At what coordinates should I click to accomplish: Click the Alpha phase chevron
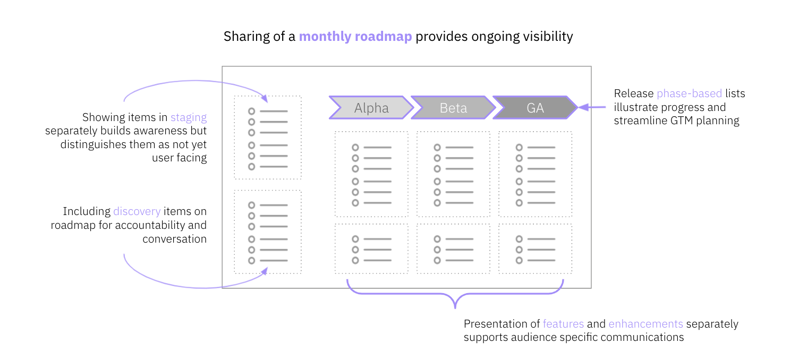pos(371,108)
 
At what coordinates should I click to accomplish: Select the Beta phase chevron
pos(453,108)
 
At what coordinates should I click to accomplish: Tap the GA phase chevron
pos(535,108)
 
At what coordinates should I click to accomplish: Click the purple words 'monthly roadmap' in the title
pos(355,37)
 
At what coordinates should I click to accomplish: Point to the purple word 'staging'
pos(189,117)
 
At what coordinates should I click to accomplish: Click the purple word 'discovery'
pos(137,211)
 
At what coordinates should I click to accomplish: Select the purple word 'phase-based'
pos(689,93)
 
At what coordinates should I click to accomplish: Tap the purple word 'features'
pos(563,324)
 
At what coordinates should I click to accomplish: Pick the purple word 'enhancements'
pos(645,324)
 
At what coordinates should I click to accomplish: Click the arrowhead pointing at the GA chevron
pos(583,107)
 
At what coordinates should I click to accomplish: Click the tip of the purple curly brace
pos(455,307)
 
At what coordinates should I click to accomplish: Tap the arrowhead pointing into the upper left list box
pos(264,98)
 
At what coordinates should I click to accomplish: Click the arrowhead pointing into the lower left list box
pos(264,271)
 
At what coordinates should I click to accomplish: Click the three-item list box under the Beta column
pos(453,248)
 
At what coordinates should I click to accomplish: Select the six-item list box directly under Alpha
pos(371,174)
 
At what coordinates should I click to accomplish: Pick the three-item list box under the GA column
pos(535,248)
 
